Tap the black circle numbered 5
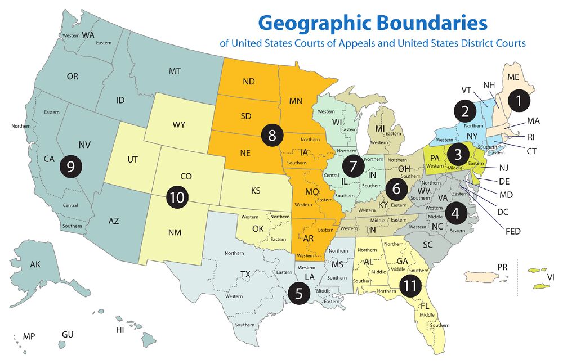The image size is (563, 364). (x=299, y=293)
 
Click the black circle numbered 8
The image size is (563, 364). (x=272, y=135)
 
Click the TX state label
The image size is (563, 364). (x=245, y=274)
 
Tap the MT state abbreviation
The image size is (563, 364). (x=174, y=71)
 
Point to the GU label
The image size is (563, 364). (x=68, y=335)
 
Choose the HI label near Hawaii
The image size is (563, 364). (x=120, y=330)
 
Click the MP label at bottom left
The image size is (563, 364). (x=29, y=336)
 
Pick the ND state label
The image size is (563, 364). (x=249, y=81)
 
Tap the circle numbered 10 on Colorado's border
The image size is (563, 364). (x=177, y=197)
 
